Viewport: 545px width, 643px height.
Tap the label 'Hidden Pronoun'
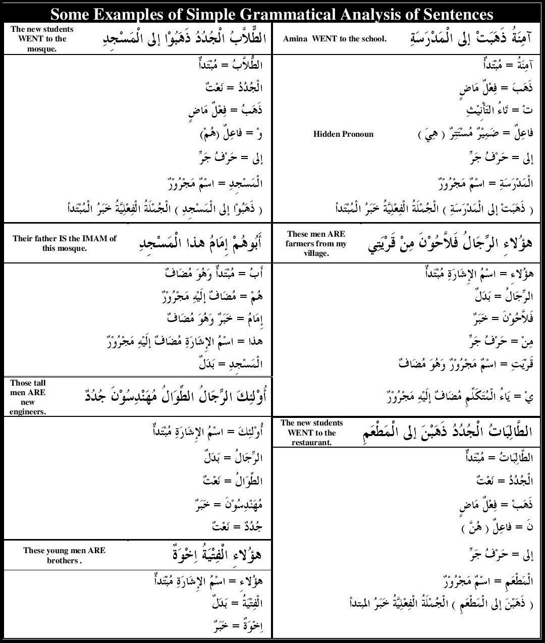click(343, 134)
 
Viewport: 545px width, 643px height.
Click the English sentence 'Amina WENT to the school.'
click(335, 39)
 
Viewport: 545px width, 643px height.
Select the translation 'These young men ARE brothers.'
click(64, 555)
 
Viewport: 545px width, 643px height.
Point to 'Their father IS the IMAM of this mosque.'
click(65, 243)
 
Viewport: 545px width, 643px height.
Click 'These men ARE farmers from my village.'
click(316, 243)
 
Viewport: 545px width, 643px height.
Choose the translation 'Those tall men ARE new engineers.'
click(28, 397)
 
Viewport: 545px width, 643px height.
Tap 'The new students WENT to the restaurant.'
click(312, 433)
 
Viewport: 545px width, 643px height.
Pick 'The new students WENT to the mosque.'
click(42, 39)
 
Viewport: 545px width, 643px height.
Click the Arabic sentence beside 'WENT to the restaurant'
click(447, 433)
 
